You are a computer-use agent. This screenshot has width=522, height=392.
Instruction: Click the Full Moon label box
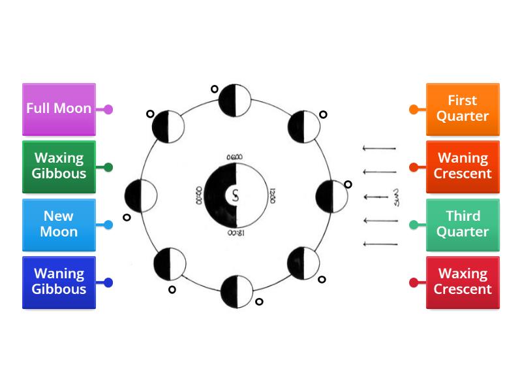[x=59, y=109]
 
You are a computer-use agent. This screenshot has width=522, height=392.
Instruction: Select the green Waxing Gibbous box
[x=59, y=167]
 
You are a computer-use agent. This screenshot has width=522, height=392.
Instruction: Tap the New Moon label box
[x=59, y=224]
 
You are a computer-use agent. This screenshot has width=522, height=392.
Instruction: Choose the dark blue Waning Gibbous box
[x=59, y=282]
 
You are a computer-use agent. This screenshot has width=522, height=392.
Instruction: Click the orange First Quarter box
[x=463, y=109]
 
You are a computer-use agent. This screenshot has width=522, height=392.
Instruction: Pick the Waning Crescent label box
[x=463, y=167]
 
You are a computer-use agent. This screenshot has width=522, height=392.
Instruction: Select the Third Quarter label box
[x=463, y=224]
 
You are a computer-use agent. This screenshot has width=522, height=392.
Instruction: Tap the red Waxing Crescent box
[x=463, y=282]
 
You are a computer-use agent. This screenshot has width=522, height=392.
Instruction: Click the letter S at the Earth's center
[x=234, y=194]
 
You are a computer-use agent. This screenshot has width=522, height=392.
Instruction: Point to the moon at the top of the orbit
[x=234, y=99]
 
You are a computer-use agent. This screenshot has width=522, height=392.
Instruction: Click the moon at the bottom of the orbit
[x=236, y=291]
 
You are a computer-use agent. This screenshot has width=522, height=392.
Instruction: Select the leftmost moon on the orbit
[x=140, y=195]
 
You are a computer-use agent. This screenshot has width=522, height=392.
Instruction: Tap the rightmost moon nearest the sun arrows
[x=331, y=195]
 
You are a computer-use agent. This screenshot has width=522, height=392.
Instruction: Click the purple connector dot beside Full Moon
[x=108, y=109]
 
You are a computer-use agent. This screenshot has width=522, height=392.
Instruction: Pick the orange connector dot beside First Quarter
[x=414, y=109]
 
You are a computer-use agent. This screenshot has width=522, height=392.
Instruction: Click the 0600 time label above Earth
[x=234, y=157]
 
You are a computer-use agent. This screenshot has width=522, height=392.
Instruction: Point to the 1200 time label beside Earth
[x=272, y=195]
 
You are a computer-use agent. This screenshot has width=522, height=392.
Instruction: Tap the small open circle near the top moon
[x=214, y=90]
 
